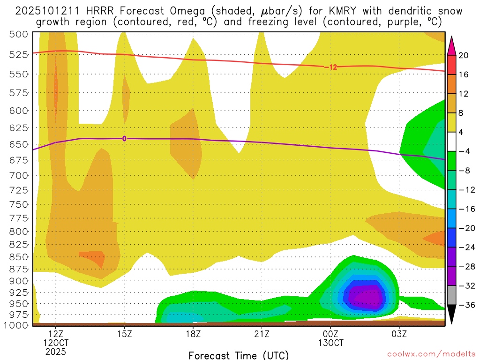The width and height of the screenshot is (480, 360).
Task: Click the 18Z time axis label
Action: [x=193, y=334]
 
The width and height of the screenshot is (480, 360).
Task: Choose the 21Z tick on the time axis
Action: [x=262, y=334]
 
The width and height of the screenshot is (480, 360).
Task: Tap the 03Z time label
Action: [x=399, y=334]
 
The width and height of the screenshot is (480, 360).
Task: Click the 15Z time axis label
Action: [x=124, y=334]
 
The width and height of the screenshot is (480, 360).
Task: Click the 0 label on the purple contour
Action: [x=124, y=138]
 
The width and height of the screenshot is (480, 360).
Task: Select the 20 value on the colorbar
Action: [x=464, y=55]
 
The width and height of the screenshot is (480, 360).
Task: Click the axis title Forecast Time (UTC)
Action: [x=239, y=355]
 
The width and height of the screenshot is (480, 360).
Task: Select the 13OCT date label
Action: [x=330, y=343]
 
